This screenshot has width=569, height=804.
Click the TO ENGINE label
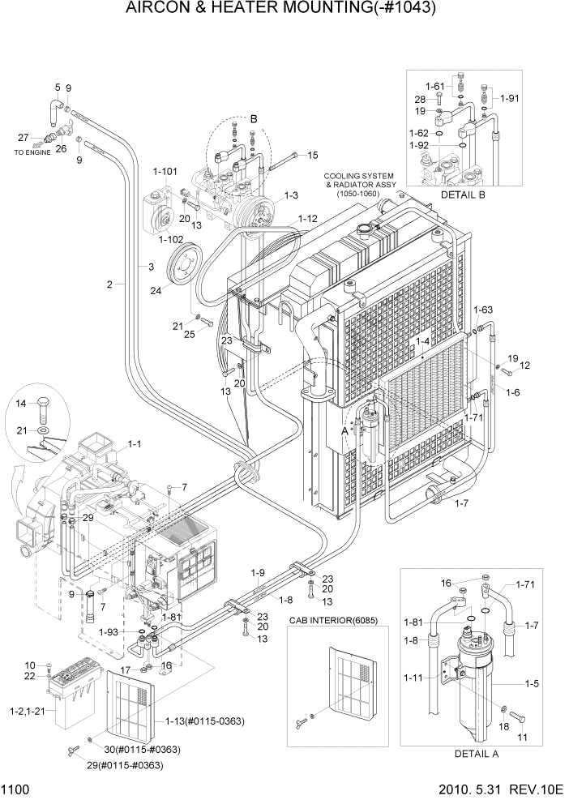coord(30,152)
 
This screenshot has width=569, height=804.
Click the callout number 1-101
coord(165,171)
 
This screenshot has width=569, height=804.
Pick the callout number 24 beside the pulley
coord(155,291)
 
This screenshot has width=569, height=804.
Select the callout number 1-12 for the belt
coord(307,219)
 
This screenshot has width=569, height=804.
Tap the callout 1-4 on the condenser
coord(422,342)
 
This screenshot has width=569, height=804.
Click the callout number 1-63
coord(482,309)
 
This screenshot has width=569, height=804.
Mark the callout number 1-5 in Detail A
coord(532,683)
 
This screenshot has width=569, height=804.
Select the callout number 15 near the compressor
coord(312,155)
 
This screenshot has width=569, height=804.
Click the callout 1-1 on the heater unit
coord(135,444)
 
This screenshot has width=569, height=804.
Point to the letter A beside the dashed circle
coord(344,431)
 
